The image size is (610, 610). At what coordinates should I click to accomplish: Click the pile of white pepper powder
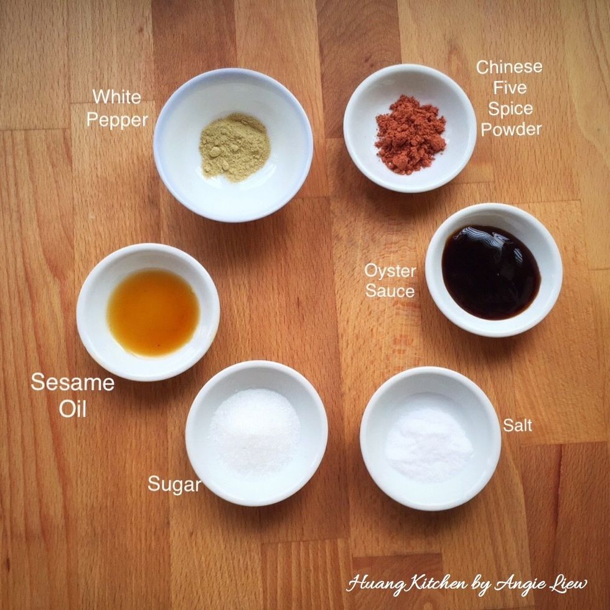pyautogui.click(x=234, y=146)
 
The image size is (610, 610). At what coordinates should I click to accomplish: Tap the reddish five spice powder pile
pyautogui.click(x=410, y=134)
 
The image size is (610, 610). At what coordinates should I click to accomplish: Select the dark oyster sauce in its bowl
pyautogui.click(x=490, y=272)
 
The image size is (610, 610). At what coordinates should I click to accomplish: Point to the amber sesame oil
pyautogui.click(x=153, y=312)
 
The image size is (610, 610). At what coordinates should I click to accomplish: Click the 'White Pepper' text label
pyautogui.click(x=117, y=108)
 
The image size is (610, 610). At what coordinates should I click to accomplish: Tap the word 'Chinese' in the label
pyautogui.click(x=509, y=67)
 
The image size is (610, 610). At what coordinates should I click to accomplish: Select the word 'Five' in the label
pyautogui.click(x=510, y=88)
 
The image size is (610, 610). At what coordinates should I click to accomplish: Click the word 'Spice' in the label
pyautogui.click(x=510, y=108)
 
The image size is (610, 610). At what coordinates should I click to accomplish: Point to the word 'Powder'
pyautogui.click(x=510, y=129)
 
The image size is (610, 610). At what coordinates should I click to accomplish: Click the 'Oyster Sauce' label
pyautogui.click(x=390, y=281)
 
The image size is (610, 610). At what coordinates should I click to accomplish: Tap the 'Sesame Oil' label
pyautogui.click(x=72, y=395)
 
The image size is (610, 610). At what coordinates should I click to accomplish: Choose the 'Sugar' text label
pyautogui.click(x=174, y=484)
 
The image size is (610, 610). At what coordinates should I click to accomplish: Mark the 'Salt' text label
pyautogui.click(x=517, y=426)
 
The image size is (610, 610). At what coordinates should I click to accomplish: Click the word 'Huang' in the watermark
pyautogui.click(x=372, y=584)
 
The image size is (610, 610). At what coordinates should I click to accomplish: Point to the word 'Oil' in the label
pyautogui.click(x=72, y=409)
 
